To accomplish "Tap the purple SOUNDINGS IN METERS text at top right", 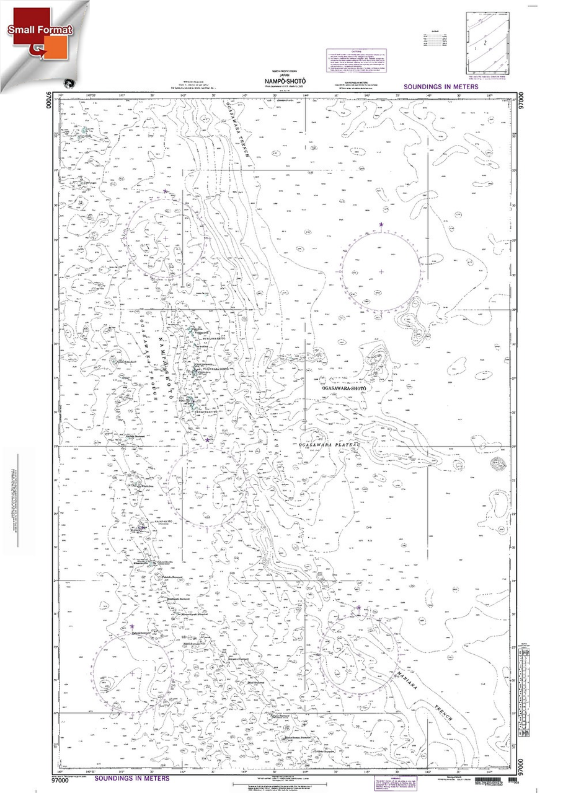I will (441, 87).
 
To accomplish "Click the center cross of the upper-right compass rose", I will (381, 271).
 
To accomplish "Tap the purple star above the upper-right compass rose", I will (381, 224).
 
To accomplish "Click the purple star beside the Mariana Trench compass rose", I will (358, 608).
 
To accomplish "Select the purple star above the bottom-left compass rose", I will (132, 626).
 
